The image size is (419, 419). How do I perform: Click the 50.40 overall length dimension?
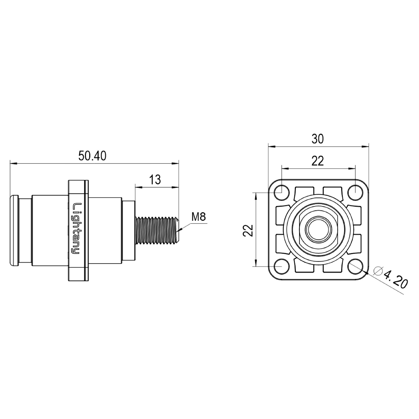92,156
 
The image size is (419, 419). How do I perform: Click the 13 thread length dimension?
155,180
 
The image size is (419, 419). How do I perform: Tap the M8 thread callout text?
199,217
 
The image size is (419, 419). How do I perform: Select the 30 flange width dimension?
318,139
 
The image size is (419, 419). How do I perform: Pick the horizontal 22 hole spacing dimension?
318,161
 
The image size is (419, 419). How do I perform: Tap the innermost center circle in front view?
318,229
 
